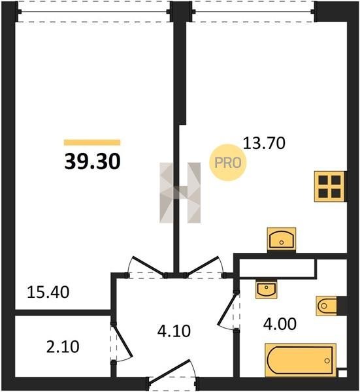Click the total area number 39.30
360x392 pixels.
pyautogui.click(x=92, y=161)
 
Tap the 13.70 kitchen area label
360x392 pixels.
pyautogui.click(x=264, y=144)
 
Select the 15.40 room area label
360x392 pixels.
pyautogui.click(x=48, y=292)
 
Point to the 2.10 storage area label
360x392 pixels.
pyautogui.click(x=63, y=347)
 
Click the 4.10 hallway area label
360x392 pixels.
pyautogui.click(x=174, y=331)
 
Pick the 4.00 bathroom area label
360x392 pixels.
pyautogui.click(x=280, y=324)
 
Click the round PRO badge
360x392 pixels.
pyautogui.click(x=228, y=163)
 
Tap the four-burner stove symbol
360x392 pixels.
pyautogui.click(x=329, y=186)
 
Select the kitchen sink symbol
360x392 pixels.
pyautogui.click(x=282, y=238)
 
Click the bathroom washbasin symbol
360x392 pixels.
pyautogui.click(x=267, y=289)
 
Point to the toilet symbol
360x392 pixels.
pyautogui.click(x=327, y=306)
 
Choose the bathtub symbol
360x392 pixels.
pyautogui.click(x=301, y=360)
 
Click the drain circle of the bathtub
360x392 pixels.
pyautogui.click(x=327, y=361)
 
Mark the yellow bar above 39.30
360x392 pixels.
pyautogui.click(x=92, y=142)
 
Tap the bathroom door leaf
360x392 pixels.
pyautogui.click(x=227, y=309)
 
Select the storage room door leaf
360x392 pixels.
pyautogui.click(x=122, y=340)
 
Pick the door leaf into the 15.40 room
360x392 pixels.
pyautogui.click(x=148, y=267)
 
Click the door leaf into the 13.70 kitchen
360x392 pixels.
pyautogui.click(x=203, y=267)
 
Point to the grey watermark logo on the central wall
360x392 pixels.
pyautogui.click(x=180, y=193)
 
